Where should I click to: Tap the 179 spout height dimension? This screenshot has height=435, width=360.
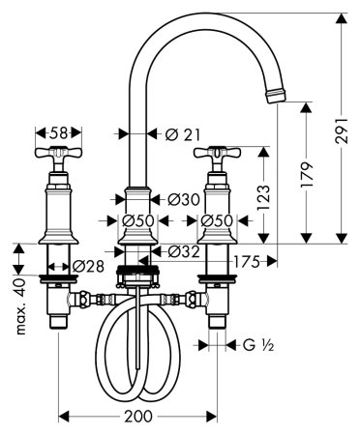click(x=307, y=175)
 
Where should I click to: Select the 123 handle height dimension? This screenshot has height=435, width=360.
click(x=264, y=197)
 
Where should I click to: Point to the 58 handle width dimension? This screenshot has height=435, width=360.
click(x=58, y=132)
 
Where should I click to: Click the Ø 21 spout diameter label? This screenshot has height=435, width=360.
click(x=183, y=134)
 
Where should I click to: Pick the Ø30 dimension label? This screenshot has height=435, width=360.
click(x=184, y=200)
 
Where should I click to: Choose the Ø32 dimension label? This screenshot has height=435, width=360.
click(x=184, y=251)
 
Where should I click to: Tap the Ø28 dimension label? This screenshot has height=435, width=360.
click(x=88, y=267)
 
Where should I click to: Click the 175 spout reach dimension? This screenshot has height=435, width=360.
click(x=247, y=262)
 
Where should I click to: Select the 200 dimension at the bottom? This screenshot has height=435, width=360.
click(x=138, y=417)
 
